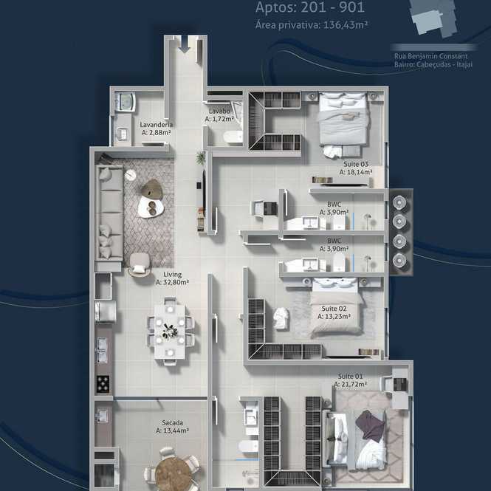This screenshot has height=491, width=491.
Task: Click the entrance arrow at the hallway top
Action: [185, 44]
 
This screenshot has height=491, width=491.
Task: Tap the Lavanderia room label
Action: [157, 124]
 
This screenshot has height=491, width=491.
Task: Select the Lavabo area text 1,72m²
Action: [219, 119]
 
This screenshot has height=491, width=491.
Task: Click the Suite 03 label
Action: [356, 164]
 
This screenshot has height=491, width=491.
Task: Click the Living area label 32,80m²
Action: [172, 282]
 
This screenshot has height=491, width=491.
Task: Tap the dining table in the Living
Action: [170, 332]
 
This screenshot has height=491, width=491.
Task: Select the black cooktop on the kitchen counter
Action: [103, 384]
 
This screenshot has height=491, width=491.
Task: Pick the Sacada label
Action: [173, 422]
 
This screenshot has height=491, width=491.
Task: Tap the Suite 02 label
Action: [334, 309]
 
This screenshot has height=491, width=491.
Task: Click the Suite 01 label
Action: [350, 376]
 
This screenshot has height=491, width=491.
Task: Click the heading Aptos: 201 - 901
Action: [310, 7]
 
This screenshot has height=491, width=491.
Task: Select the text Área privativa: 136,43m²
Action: [312, 25]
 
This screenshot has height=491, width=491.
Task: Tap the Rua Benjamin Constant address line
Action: [431, 56]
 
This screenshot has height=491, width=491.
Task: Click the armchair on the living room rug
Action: [140, 264]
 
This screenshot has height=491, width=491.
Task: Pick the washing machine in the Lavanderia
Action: [126, 101]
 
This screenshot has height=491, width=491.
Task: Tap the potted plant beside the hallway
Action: [201, 157]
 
